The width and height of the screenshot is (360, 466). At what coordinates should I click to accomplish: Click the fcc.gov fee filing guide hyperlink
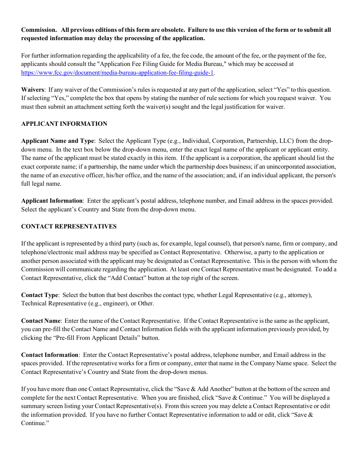tap(117, 73)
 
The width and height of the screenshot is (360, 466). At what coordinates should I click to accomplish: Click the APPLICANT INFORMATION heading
tap(64, 124)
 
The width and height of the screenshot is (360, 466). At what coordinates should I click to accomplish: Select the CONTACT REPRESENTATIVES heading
tap(69, 227)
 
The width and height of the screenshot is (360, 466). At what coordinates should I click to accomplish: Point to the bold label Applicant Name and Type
tap(57, 141)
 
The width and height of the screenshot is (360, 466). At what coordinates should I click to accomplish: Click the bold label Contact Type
tap(40, 295)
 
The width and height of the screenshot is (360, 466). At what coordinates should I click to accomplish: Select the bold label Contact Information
tap(50, 355)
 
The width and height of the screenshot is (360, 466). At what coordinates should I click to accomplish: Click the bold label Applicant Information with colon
tap(52, 201)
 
